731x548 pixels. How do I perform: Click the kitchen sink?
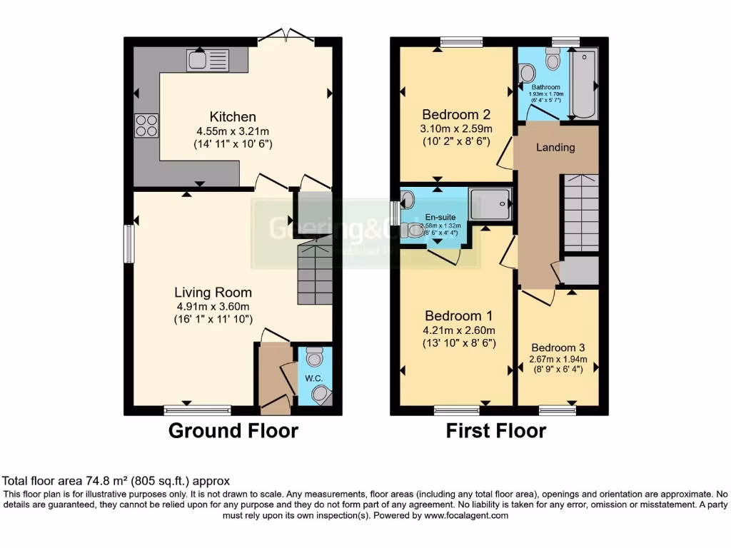tap(208, 60)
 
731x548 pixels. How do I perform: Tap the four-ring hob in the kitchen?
tap(146, 125)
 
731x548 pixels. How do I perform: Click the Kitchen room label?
tap(233, 117)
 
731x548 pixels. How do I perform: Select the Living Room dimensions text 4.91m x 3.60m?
tap(213, 306)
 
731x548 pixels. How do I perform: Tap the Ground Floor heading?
tap(233, 431)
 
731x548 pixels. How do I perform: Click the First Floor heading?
tap(496, 431)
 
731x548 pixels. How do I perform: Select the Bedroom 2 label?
tap(455, 115)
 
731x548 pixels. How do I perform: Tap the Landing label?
tap(555, 148)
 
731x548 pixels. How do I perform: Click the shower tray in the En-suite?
tap(491, 204)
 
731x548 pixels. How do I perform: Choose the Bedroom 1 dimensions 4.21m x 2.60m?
tap(459, 330)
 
